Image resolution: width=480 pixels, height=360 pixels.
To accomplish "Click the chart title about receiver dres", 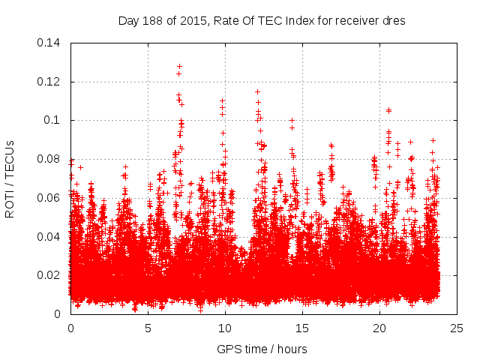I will (x=262, y=21).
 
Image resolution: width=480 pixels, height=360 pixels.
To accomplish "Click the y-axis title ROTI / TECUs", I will (x=10, y=178).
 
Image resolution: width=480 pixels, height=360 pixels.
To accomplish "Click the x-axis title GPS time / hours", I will (x=262, y=349).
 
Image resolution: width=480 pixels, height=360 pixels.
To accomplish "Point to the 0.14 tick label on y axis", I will (x=51, y=43).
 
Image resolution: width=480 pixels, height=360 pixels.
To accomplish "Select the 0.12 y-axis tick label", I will (x=51, y=82).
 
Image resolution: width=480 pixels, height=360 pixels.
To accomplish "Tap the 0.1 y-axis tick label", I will (x=54, y=120).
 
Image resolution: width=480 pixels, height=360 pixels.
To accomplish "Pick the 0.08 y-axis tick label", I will (x=51, y=159).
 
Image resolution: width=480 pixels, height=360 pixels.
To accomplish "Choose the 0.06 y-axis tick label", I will (x=51, y=198).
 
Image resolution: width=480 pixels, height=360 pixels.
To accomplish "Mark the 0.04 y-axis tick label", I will (x=51, y=237).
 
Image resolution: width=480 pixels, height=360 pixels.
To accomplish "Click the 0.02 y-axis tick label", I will (x=51, y=275).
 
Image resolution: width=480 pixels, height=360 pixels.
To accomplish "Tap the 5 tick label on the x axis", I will (x=148, y=328).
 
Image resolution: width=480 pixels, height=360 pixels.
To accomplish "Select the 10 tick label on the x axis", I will (x=225, y=328).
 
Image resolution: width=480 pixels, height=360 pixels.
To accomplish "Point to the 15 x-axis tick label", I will (x=303, y=328).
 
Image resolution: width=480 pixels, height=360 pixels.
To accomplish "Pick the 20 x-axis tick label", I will (x=380, y=328).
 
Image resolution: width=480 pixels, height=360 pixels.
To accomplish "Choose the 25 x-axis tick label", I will (x=457, y=328).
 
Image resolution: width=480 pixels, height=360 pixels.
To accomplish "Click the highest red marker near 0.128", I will (x=179, y=66).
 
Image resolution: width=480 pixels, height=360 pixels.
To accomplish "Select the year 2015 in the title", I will (x=191, y=21).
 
